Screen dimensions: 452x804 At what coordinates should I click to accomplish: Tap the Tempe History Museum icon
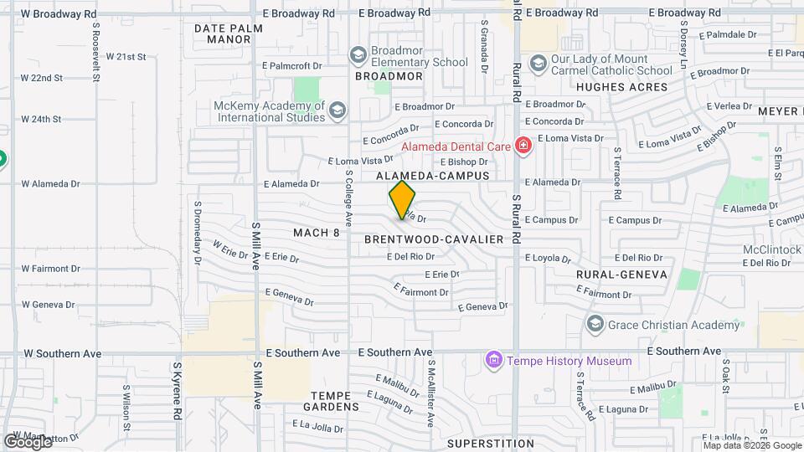click(494, 361)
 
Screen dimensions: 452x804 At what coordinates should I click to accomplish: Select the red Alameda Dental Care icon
click(524, 146)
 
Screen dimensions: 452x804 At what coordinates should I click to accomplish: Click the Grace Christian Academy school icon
click(595, 324)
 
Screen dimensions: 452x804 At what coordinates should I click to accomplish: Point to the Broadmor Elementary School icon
click(358, 56)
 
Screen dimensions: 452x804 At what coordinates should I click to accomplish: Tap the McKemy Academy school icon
click(338, 110)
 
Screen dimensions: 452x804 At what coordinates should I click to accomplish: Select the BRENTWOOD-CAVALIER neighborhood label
click(434, 239)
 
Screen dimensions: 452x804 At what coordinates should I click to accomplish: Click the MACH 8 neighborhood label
click(317, 232)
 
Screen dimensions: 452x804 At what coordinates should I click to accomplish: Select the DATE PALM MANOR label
click(228, 33)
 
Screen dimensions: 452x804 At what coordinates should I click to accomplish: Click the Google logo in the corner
click(28, 441)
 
